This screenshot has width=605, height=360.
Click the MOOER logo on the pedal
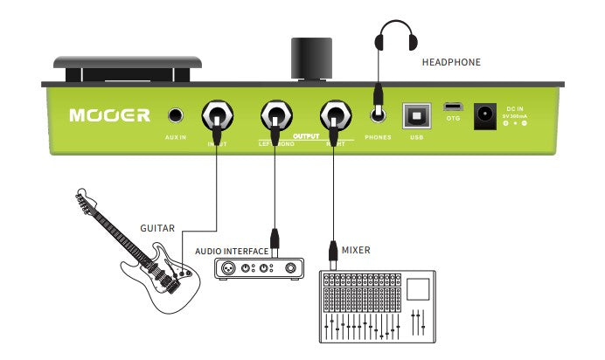click(110, 114)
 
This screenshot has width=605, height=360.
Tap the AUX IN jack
click(177, 114)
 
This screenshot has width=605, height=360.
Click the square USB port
click(415, 114)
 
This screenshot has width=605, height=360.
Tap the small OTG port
click(453, 105)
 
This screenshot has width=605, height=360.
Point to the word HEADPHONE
click(451, 63)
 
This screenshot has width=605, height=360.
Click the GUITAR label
click(157, 228)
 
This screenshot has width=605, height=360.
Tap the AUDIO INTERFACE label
click(232, 252)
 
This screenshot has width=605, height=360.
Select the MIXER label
click(356, 251)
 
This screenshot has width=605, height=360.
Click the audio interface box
click(261, 268)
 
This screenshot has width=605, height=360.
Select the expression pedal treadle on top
click(129, 62)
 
